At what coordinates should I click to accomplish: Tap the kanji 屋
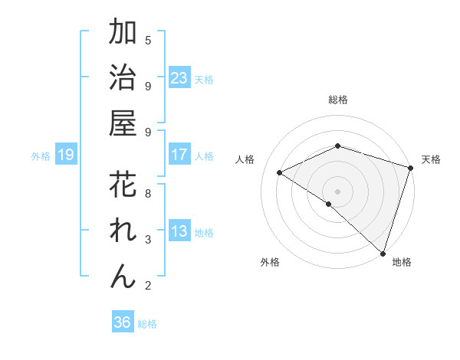pyautogui.click(x=123, y=124)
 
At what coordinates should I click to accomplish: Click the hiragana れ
pyautogui.click(x=123, y=231)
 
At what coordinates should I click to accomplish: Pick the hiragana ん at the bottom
pyautogui.click(x=123, y=277)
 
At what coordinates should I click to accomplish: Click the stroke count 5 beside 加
pyautogui.click(x=148, y=40)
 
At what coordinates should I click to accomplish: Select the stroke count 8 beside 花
pyautogui.click(x=148, y=193)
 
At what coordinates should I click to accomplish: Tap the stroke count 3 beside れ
pyautogui.click(x=148, y=240)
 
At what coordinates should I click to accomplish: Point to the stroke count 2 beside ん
pyautogui.click(x=148, y=286)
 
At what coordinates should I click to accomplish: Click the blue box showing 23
pyautogui.click(x=179, y=78)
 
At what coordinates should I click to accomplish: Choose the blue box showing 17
pyautogui.click(x=179, y=155)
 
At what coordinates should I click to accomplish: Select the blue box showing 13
pyautogui.click(x=179, y=232)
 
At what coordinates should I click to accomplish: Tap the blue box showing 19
pyautogui.click(x=66, y=155)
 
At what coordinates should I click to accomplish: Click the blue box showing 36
pyautogui.click(x=123, y=322)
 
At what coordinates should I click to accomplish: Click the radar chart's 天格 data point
pyautogui.click(x=410, y=168)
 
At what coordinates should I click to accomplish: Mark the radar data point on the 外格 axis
pyautogui.click(x=328, y=204)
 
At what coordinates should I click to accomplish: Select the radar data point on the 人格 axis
pyautogui.click(x=280, y=173)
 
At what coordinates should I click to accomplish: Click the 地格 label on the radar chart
pyautogui.click(x=402, y=262)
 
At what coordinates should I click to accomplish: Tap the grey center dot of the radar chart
pyautogui.click(x=337, y=190)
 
